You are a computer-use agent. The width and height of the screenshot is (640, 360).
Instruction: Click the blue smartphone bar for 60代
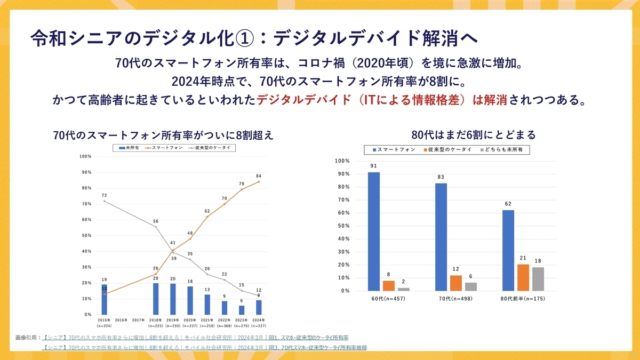[374, 231]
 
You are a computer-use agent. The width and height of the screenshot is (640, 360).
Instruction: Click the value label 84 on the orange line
[259, 175]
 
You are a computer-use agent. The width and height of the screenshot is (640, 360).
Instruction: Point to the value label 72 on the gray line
[104, 195]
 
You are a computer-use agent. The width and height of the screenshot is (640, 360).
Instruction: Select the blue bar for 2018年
[156, 299]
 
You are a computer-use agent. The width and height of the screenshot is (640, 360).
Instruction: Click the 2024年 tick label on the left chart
[258, 320]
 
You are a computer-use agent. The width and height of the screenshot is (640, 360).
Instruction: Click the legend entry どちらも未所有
[503, 150]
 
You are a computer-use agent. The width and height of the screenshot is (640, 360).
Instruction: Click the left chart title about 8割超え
[163, 135]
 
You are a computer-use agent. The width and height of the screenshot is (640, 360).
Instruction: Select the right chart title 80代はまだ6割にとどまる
[474, 135]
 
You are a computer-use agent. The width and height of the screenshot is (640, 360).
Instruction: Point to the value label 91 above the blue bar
[374, 166]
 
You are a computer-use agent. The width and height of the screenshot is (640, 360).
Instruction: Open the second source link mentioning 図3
[205, 348]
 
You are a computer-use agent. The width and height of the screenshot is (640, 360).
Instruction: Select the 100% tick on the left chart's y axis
[85, 156]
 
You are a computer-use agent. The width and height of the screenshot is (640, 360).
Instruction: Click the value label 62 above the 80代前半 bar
[508, 204]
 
